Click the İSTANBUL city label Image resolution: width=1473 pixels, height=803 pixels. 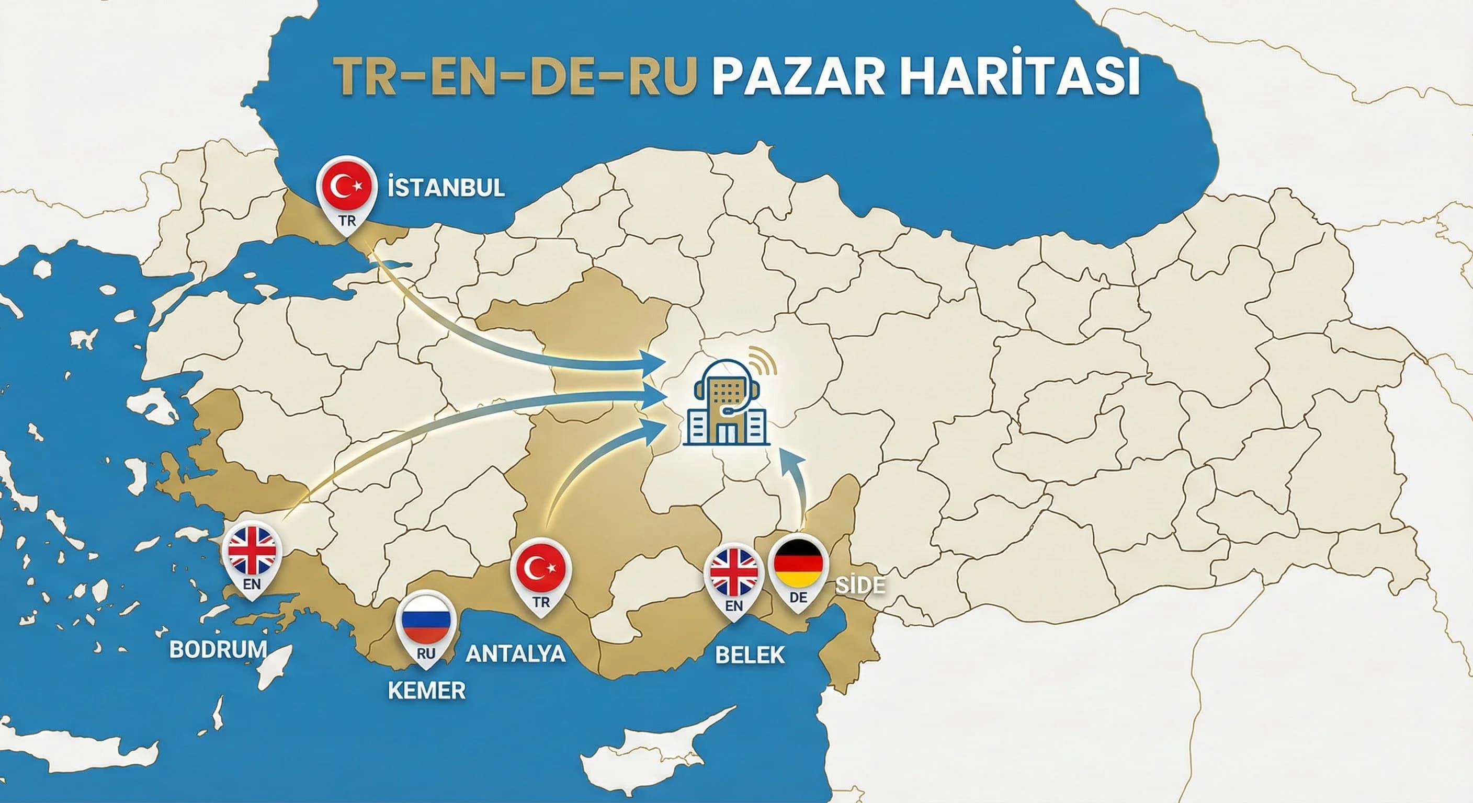[x=446, y=188]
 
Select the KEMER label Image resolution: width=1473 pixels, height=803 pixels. [x=427, y=691]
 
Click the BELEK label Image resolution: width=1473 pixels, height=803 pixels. [x=750, y=655]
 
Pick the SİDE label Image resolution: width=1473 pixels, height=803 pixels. [x=860, y=585]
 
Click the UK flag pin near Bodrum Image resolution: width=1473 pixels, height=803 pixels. [x=252, y=551]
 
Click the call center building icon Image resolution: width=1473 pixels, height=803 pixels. [x=728, y=403]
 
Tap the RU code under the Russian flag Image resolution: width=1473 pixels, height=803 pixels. [x=426, y=653]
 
